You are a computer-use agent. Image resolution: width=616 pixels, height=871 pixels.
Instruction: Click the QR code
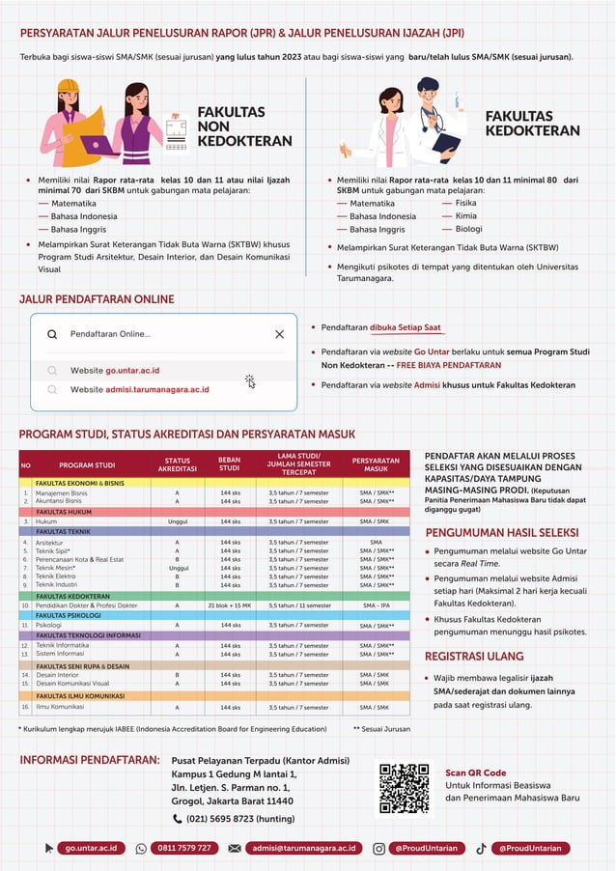coord(404,788)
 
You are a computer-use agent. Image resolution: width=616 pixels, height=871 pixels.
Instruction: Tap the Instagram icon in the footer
coord(378,848)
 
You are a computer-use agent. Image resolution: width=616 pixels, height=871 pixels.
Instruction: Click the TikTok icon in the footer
coord(481,848)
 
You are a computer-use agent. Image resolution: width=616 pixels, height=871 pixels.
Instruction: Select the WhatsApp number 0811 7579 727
coord(183,848)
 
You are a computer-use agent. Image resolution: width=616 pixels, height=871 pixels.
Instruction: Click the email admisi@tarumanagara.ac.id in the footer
coord(303,848)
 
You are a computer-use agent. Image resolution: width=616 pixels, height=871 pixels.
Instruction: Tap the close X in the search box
coord(279,334)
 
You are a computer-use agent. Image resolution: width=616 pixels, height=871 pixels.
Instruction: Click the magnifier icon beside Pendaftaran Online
coord(52,334)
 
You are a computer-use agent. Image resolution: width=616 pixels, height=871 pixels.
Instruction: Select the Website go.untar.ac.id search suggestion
coord(115,370)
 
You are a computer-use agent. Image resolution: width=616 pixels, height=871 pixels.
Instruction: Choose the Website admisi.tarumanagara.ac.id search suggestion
coord(139,389)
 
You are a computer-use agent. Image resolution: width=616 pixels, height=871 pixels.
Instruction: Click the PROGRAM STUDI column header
coord(87,465)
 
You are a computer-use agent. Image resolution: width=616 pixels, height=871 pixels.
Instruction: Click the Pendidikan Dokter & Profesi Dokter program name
coord(86,605)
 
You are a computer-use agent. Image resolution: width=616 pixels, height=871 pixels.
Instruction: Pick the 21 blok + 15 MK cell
coord(229,605)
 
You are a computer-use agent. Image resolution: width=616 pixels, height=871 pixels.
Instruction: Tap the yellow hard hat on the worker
coord(68,86)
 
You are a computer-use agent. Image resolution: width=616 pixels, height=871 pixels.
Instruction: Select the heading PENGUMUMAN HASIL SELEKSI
coord(501,532)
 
